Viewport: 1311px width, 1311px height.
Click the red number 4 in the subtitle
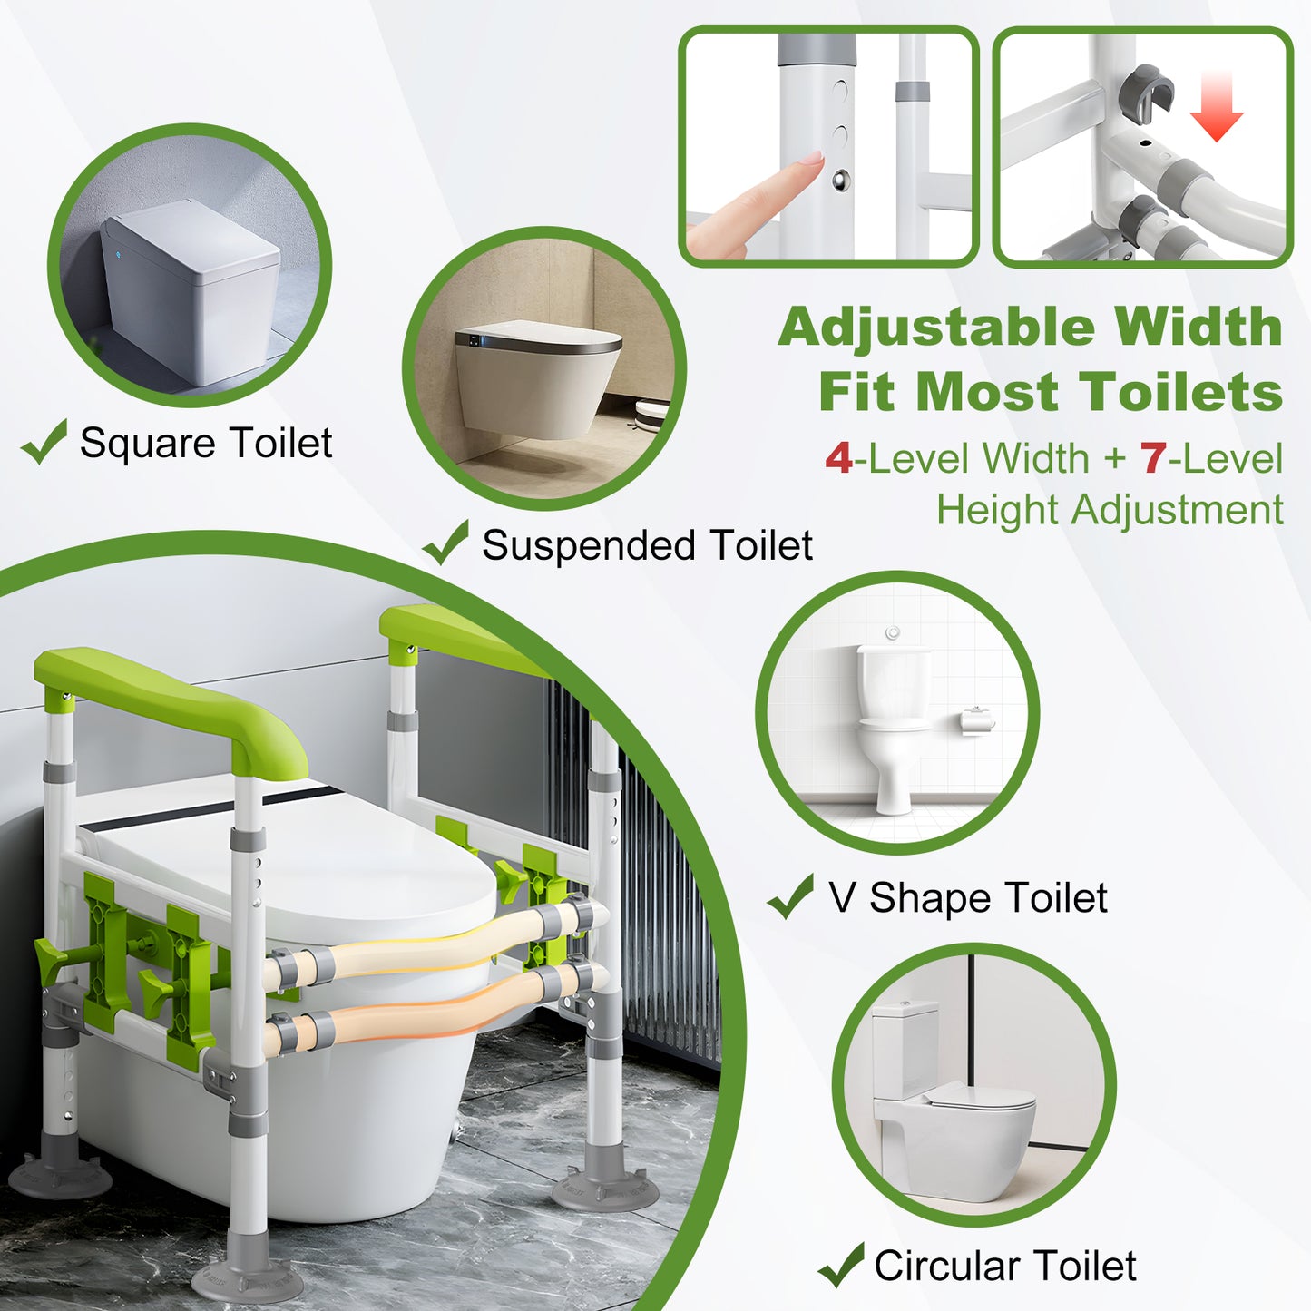point(838,459)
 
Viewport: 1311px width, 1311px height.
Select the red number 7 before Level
point(1153,459)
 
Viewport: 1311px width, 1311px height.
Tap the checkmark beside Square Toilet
point(44,442)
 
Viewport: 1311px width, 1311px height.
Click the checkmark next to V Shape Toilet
point(790,896)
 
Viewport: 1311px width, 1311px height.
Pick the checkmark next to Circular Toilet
point(840,1265)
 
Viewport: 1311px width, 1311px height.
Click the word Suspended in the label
point(589,545)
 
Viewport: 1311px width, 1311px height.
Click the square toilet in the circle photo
point(191,290)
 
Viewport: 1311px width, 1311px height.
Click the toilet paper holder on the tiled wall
point(978,720)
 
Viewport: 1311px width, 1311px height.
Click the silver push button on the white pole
point(841,181)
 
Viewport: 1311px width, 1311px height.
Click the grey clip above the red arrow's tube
point(1147,87)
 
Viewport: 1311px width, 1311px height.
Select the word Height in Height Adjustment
point(999,510)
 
